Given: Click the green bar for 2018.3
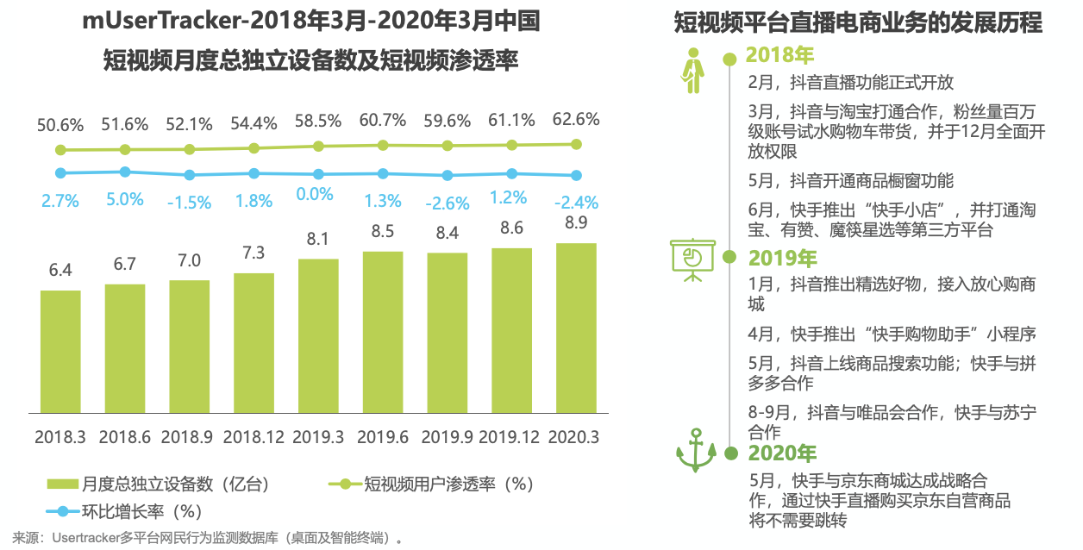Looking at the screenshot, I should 60,352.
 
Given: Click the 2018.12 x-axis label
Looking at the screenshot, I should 254,437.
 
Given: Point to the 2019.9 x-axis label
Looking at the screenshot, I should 447,437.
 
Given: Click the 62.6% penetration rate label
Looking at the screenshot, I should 576,119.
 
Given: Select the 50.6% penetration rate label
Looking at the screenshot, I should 60,124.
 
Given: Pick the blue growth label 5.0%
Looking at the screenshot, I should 125,199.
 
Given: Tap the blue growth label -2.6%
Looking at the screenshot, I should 447,203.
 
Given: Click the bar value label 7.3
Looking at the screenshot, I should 254,254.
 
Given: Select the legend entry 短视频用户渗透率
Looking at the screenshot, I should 431,484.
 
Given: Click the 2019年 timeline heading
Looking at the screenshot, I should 782,258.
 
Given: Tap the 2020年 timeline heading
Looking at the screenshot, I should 782,453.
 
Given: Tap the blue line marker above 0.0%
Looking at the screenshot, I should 318,174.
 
